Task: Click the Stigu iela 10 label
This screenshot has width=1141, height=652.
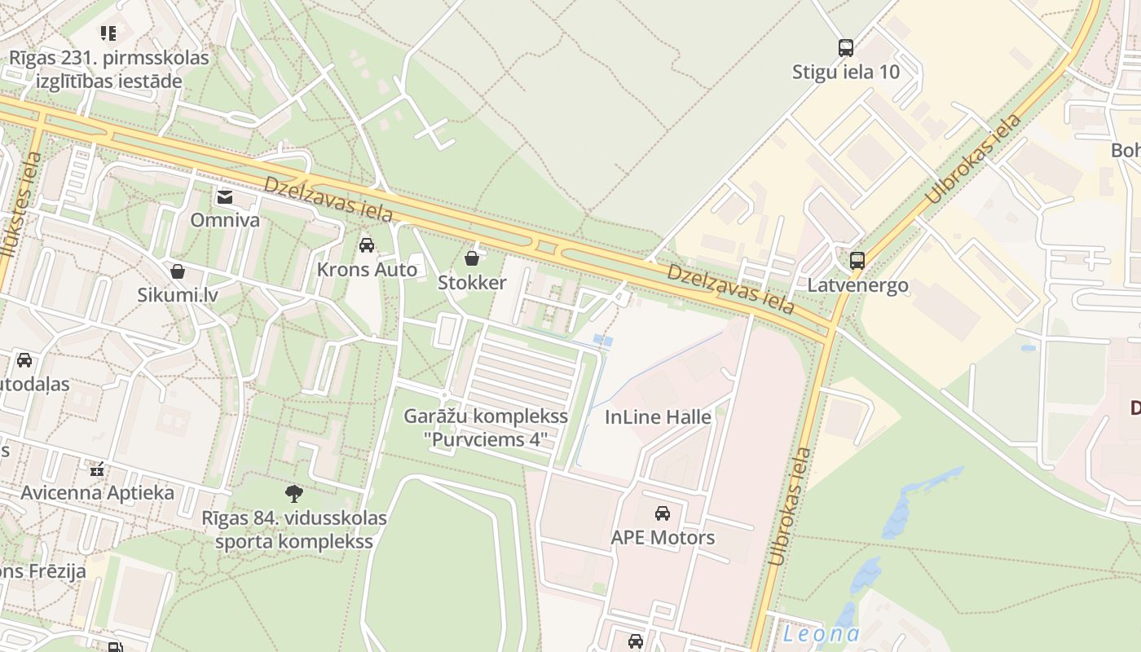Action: [846, 72]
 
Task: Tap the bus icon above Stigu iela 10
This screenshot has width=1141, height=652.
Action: [846, 48]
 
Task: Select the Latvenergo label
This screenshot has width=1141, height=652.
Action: [857, 286]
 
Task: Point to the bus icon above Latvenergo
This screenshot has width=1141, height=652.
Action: [857, 261]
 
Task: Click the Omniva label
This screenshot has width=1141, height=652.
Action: [225, 220]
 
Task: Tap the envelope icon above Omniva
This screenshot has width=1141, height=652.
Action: [225, 196]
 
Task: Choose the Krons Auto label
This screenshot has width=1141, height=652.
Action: [367, 270]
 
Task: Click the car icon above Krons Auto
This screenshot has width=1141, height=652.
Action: [367, 245]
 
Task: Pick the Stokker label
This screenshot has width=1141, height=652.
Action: [472, 283]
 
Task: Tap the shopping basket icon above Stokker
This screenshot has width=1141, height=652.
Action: [472, 259]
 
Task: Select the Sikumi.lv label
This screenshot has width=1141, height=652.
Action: [178, 295]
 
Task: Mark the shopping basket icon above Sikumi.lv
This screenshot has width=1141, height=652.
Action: [178, 271]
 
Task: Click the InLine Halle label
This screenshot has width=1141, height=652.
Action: [658, 417]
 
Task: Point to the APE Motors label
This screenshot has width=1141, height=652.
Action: [663, 538]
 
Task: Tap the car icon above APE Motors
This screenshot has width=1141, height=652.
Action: [663, 513]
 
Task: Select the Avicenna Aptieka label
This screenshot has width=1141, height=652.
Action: [97, 493]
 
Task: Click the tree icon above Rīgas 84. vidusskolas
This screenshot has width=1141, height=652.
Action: [294, 493]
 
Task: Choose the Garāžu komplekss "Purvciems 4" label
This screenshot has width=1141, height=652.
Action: [486, 429]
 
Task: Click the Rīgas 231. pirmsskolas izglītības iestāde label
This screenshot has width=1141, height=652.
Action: [108, 70]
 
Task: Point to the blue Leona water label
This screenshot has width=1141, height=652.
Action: [821, 634]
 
